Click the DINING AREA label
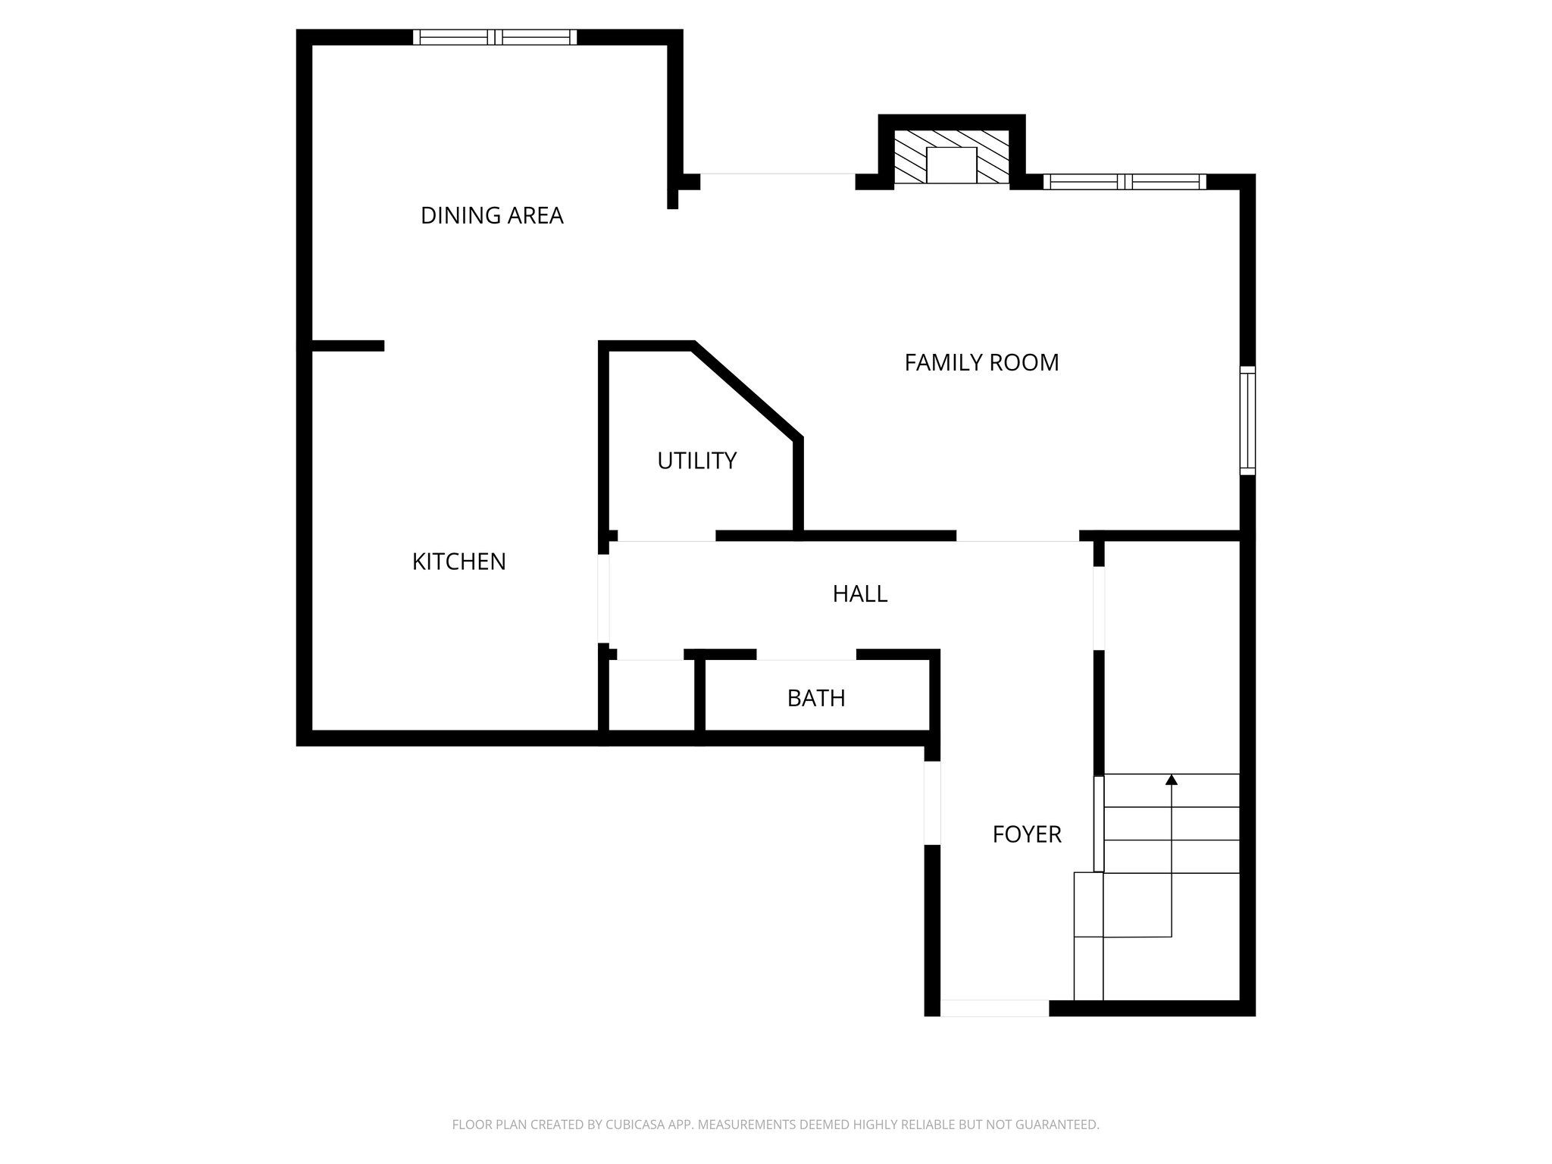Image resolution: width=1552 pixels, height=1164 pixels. (492, 216)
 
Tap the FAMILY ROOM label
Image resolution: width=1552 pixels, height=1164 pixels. (981, 363)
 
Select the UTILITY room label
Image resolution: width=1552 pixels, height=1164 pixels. (696, 461)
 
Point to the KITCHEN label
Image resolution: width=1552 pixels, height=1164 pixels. (458, 562)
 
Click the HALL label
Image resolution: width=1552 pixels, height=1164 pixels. (859, 593)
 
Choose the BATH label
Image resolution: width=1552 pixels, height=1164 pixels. (816, 698)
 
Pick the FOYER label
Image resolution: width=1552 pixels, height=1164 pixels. (1027, 834)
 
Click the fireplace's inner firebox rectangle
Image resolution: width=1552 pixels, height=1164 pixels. (951, 165)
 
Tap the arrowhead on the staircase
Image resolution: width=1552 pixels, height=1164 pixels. (1172, 779)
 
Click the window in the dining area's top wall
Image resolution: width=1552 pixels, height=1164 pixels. (494, 37)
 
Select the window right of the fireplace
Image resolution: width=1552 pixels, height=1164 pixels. (1125, 182)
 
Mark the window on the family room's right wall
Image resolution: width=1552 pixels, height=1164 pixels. (1247, 421)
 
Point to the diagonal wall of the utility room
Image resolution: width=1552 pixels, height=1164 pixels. (747, 390)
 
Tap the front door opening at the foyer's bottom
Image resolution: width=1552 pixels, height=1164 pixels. (994, 1008)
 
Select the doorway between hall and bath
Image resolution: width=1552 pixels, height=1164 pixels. (806, 656)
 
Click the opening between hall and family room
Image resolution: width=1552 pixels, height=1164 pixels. (1017, 537)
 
